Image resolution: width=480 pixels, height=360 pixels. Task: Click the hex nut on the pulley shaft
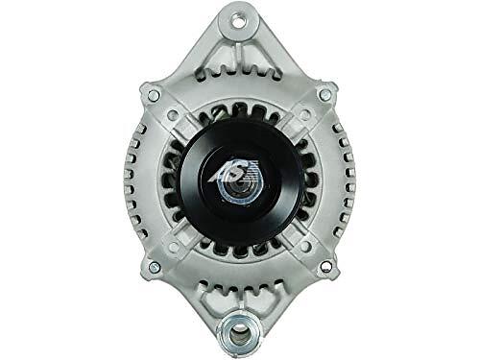pyautogui.click(x=238, y=189)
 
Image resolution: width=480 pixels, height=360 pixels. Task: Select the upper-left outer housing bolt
pyautogui.click(x=154, y=95)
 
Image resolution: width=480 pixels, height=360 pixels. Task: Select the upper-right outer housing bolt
pyautogui.click(x=324, y=94)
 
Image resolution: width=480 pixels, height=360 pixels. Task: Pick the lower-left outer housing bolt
pyautogui.click(x=155, y=266)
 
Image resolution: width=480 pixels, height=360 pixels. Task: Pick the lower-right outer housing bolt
pyautogui.click(x=325, y=265)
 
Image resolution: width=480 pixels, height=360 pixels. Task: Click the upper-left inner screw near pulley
pyautogui.click(x=173, y=114)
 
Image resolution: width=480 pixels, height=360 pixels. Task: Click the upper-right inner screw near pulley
pyautogui.click(x=305, y=113)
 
